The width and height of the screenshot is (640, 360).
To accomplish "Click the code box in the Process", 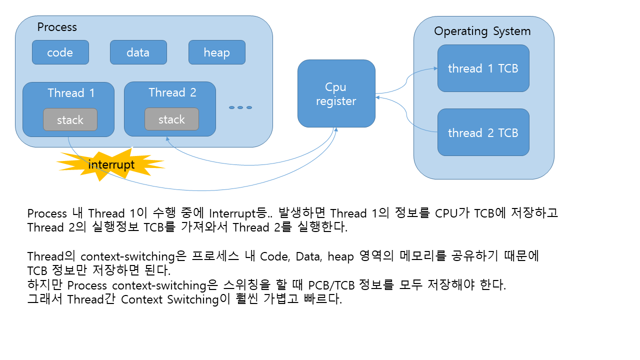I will coord(60,52).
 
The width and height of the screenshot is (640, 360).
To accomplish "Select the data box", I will coord(138,52).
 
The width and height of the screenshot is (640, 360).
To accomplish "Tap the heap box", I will coord(216,52).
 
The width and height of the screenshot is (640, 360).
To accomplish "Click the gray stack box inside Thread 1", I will coord(70,119).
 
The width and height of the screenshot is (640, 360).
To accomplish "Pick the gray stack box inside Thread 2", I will coord(171,119).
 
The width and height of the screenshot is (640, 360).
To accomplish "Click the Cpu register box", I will coord(336,93).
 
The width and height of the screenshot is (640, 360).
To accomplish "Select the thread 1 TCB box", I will coord(483,68).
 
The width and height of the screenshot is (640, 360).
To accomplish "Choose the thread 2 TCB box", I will coord(483,132).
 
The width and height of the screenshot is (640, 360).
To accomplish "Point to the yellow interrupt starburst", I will coord(110,164).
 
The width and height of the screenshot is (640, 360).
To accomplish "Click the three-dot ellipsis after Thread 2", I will coord(240,107).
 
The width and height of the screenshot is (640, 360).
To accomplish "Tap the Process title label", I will coord(57,27).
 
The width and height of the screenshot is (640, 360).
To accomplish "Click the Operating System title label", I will coord(482,31).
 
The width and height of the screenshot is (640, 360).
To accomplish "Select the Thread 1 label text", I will coord(71,93).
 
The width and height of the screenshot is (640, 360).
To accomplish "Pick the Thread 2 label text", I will coord(172,92).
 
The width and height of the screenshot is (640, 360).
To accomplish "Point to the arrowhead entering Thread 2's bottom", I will coord(167,139).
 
